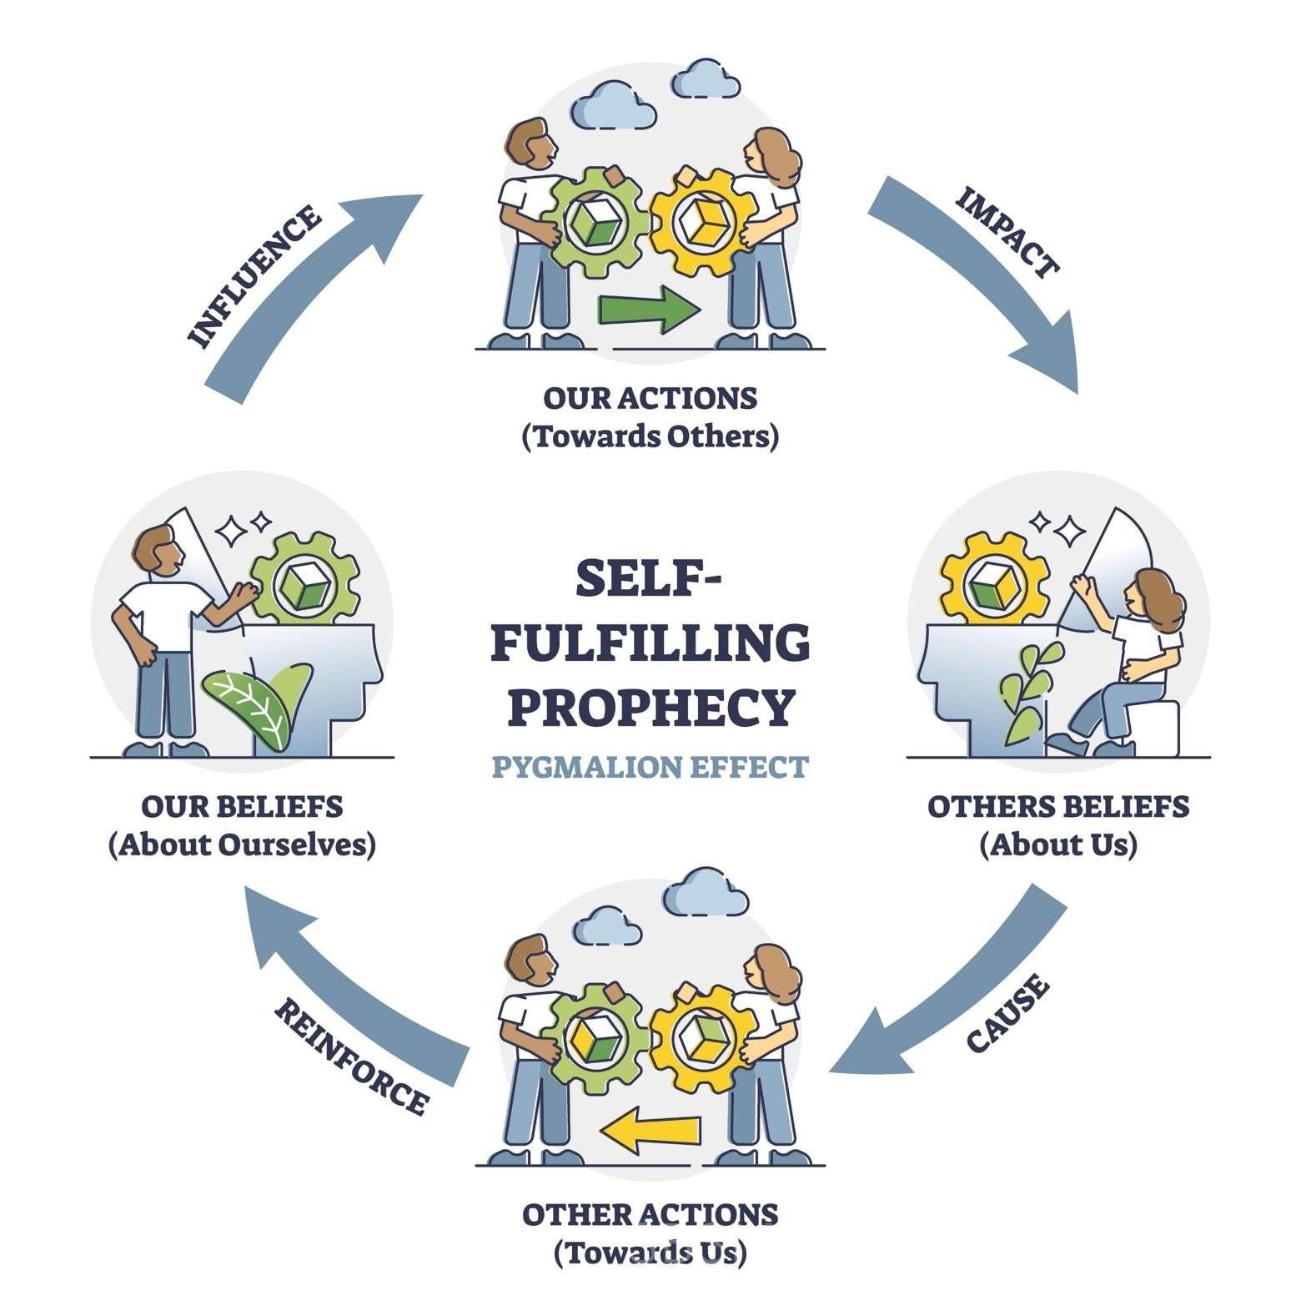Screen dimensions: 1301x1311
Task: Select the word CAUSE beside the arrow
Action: (1007, 1013)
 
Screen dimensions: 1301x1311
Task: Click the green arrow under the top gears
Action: (650, 310)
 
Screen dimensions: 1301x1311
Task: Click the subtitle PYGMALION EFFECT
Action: (650, 766)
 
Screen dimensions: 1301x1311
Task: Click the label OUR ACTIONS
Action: (650, 398)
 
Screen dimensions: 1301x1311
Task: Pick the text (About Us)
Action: (1058, 845)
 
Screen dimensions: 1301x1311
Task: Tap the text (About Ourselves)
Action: (242, 845)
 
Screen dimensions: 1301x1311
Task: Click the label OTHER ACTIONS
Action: (650, 1215)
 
